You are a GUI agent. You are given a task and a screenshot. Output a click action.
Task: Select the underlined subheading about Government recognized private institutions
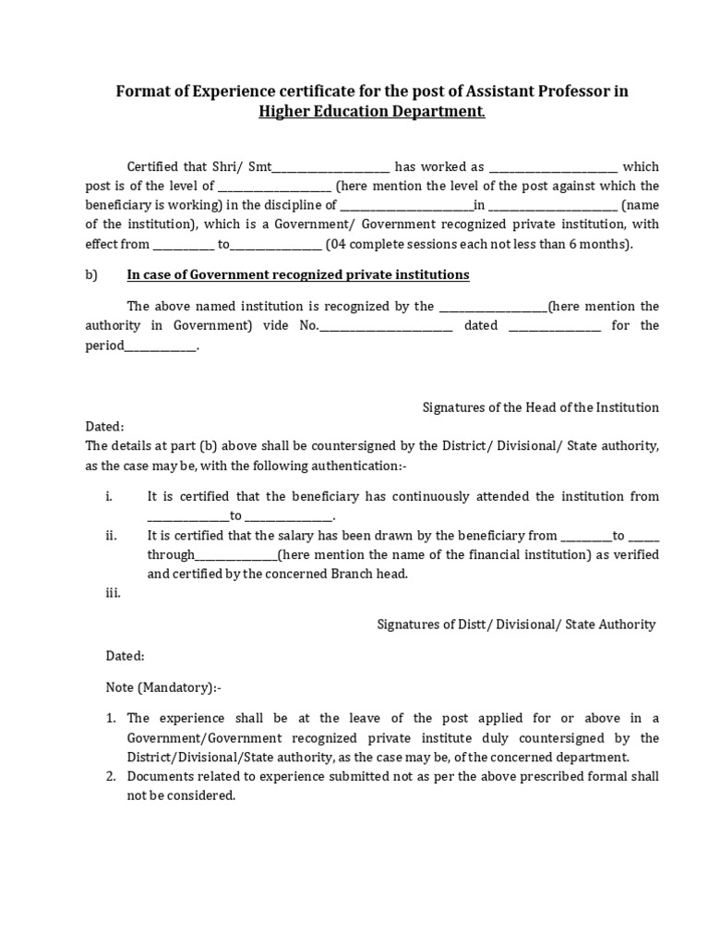(297, 274)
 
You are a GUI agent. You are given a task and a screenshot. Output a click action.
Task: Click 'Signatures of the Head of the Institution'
(540, 406)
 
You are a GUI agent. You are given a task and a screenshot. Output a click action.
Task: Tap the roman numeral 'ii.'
(111, 535)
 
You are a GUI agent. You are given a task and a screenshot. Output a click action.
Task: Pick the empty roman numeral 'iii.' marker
(112, 593)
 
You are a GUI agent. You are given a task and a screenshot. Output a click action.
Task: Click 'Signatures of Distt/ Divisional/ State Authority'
(516, 625)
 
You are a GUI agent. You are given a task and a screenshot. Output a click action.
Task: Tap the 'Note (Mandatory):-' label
(163, 688)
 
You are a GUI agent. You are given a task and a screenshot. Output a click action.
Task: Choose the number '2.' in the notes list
(109, 776)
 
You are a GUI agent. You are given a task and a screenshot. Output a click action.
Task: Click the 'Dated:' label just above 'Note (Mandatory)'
(125, 655)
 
